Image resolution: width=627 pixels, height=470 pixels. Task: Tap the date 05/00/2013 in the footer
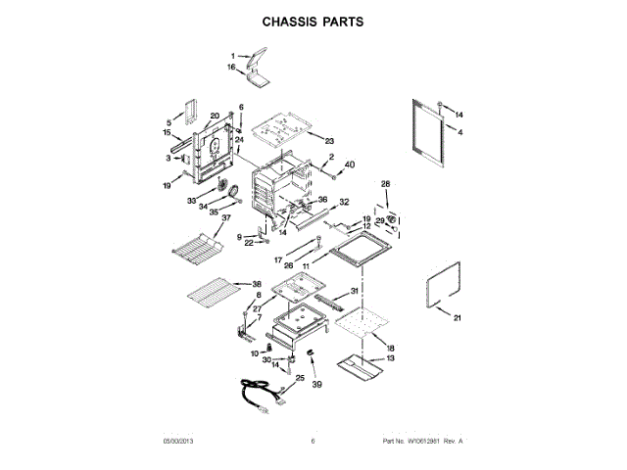point(181,442)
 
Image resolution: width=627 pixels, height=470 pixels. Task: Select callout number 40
point(350,164)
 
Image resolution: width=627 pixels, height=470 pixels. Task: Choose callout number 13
point(390,358)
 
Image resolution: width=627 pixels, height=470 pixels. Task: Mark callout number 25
point(301,378)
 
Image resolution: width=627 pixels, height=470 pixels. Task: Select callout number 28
point(385,184)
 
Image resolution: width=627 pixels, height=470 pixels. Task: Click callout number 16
point(232,68)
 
